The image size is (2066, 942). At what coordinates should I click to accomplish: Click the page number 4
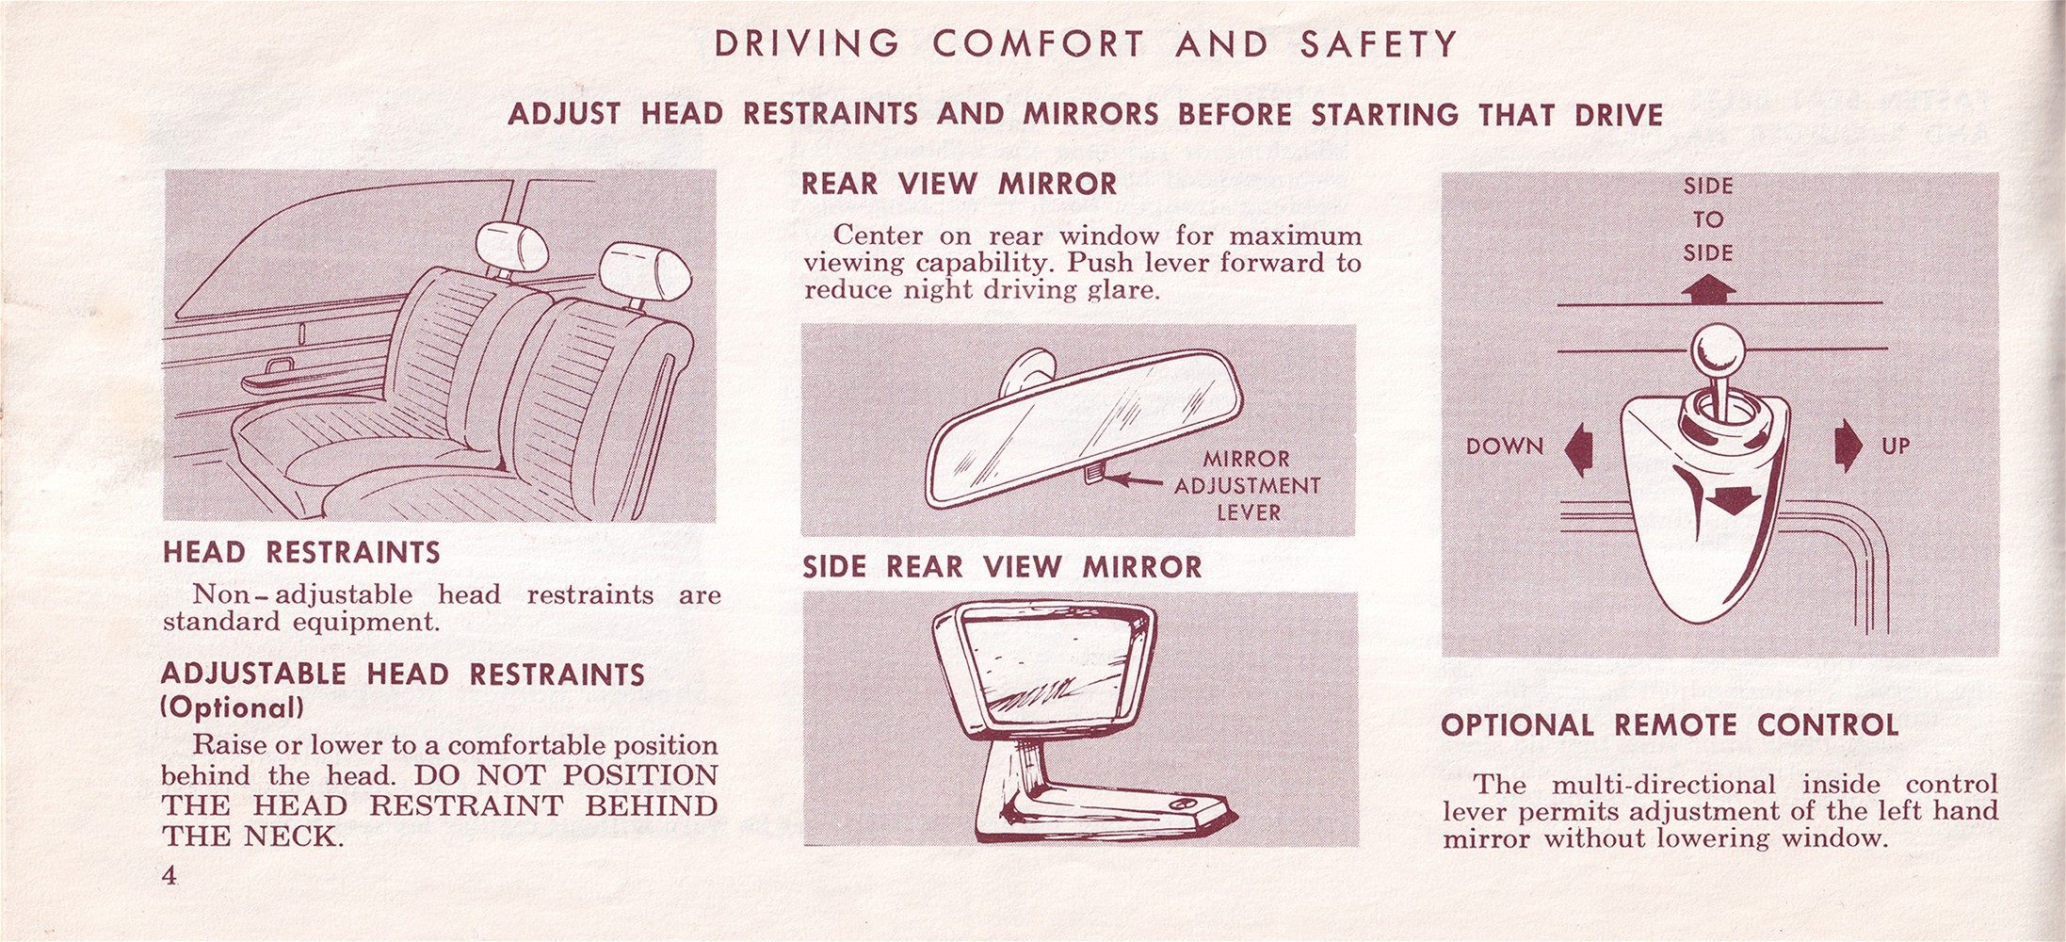(169, 875)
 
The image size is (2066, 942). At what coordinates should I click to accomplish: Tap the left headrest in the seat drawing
(512, 246)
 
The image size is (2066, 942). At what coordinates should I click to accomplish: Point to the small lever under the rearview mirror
(1093, 472)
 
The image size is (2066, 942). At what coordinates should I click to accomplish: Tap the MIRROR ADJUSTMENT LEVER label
(1247, 486)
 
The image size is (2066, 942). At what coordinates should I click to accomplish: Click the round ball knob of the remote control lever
(1718, 351)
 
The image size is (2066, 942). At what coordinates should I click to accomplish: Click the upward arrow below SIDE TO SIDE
(1708, 289)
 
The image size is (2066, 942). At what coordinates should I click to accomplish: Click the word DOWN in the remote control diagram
(1505, 447)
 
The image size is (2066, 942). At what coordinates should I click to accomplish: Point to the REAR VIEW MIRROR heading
(959, 184)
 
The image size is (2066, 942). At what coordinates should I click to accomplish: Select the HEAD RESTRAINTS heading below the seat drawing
(301, 552)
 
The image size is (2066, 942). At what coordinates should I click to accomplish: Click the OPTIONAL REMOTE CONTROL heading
(1670, 725)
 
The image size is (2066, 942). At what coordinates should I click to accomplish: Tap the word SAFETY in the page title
(1379, 44)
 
